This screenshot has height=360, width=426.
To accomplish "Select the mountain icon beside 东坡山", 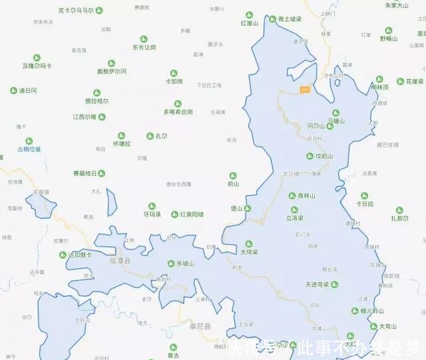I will click(x=171, y=264).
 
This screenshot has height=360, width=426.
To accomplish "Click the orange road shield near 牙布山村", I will click(x=305, y=89).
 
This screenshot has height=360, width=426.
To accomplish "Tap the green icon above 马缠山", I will click(x=335, y=112).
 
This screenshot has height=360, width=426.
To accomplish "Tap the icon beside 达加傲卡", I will click(x=64, y=254).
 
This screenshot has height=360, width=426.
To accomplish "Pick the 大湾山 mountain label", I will click(x=387, y=327).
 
